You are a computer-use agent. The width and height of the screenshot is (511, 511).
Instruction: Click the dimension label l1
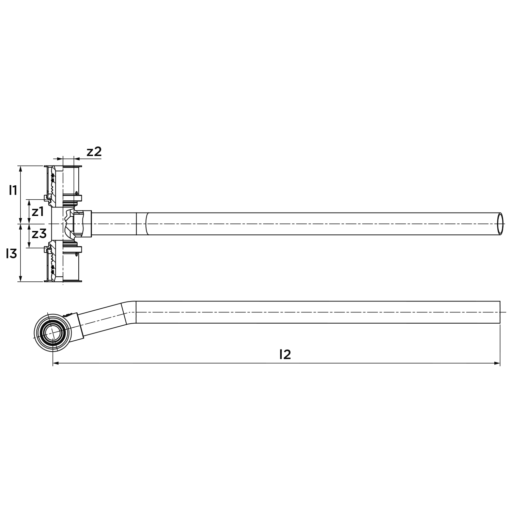click(13, 190)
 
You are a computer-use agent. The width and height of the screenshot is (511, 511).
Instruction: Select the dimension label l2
click(285, 355)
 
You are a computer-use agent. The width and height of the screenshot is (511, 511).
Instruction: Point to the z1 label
click(38, 212)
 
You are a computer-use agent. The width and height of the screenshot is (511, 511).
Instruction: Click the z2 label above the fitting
click(94, 152)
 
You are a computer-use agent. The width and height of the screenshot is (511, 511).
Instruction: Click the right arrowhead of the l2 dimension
click(497, 363)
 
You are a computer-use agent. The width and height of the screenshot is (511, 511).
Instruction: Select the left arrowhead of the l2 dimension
click(56, 363)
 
